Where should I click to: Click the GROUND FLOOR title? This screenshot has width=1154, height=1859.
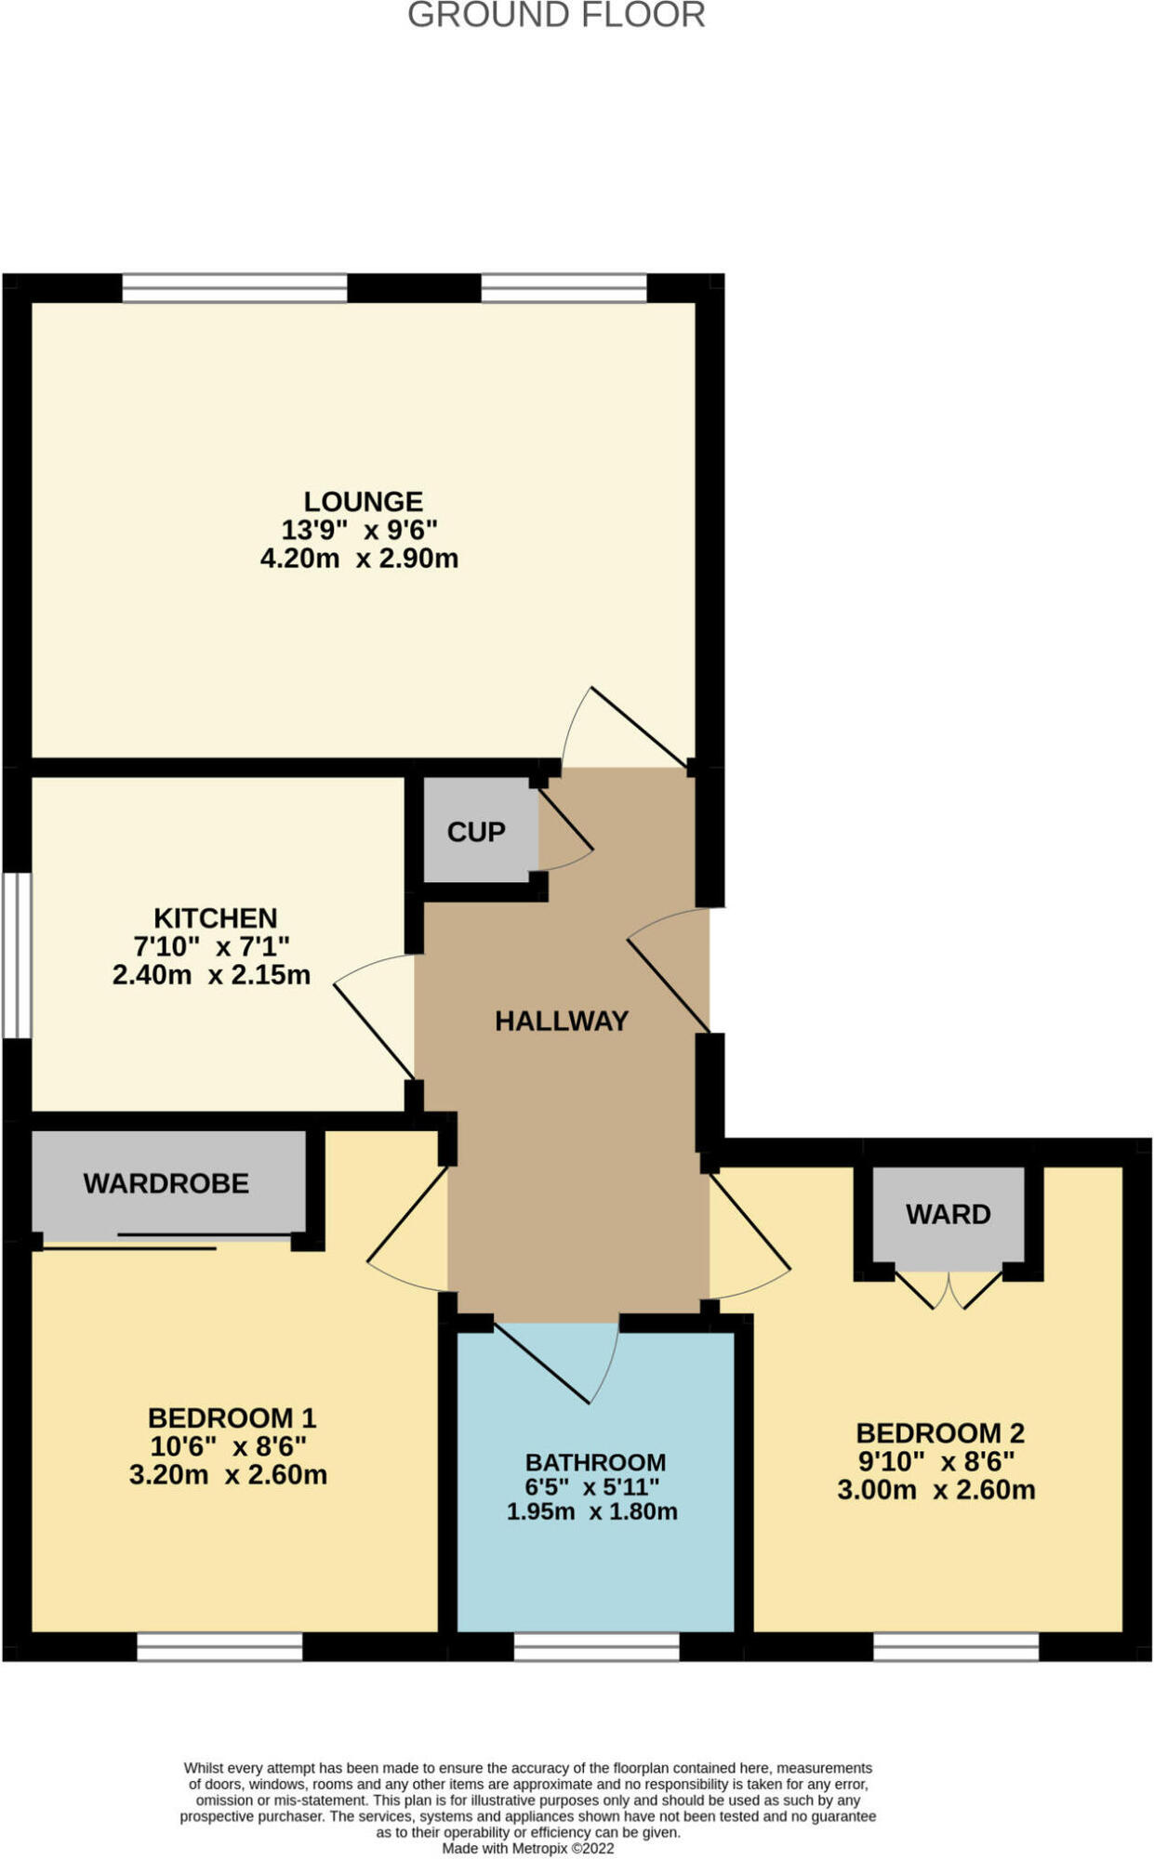pos(556,16)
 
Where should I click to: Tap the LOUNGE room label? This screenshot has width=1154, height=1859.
pos(363,502)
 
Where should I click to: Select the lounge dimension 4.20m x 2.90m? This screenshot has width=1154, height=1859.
pos(359,559)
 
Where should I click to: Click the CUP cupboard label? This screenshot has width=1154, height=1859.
pos(476,832)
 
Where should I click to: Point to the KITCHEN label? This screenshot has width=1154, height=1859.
pos(215,918)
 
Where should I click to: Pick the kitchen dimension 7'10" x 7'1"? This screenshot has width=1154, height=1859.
pos(211,947)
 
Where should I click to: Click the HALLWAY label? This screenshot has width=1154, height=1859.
pos(562,1022)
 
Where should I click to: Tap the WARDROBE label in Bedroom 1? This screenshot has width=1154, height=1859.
pos(166,1183)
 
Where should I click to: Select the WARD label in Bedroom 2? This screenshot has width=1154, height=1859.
pos(948,1214)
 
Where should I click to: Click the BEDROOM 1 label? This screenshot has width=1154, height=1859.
pos(232,1418)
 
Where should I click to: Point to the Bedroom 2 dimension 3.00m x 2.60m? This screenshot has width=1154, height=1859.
pos(935,1490)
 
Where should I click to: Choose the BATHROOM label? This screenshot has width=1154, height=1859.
pos(595,1462)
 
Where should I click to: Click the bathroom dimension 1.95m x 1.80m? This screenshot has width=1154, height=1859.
pos(591,1511)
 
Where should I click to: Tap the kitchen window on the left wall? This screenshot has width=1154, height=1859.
pos(16,955)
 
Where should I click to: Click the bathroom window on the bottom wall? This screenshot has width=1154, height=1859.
pos(596,1647)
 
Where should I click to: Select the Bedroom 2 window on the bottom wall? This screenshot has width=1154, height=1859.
pos(955,1647)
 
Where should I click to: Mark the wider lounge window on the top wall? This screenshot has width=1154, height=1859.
pos(234,288)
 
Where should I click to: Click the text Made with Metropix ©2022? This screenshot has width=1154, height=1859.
pos(527,1849)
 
